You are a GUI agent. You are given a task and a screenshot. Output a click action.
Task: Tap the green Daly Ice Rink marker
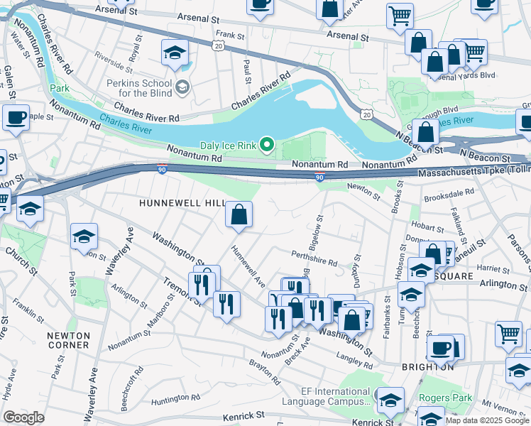pos(267,145)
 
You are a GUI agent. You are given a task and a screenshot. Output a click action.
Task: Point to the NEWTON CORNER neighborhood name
pos(68,340)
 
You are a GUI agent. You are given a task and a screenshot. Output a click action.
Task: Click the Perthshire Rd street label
pos(314,257)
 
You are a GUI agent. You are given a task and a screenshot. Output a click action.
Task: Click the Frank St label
pos(230,34)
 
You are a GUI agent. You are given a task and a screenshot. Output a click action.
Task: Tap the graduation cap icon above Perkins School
pos(175,53)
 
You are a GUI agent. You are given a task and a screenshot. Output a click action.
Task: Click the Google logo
pos(23,417)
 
